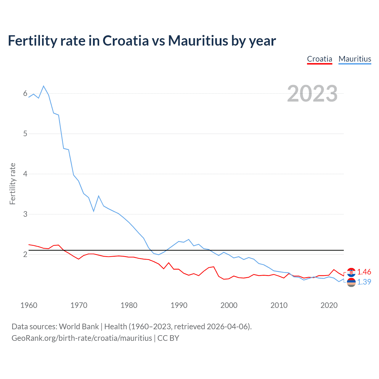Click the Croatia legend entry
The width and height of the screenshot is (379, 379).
319,59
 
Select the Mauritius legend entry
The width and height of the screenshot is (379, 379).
355,59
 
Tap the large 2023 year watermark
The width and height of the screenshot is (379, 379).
312,94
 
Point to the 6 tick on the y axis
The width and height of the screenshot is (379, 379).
25,94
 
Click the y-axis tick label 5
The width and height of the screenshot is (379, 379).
25,134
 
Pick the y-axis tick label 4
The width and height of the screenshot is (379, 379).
25,174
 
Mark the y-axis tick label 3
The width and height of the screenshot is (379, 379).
25,214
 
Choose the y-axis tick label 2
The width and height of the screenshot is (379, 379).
25,254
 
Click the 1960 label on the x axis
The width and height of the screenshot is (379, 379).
29,305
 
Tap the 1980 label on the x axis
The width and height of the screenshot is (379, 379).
129,305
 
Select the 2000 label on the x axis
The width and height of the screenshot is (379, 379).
229,305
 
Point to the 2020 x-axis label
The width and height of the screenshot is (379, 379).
329,305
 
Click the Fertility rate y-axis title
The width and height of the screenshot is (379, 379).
12,184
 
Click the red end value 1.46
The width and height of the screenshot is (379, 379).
364,272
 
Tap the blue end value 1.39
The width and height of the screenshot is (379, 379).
364,282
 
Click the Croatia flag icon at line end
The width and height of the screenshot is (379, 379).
351,272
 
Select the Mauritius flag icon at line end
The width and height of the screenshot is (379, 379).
351,282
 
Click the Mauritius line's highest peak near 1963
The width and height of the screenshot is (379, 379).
44,86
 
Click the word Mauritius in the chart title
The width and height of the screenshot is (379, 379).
198,41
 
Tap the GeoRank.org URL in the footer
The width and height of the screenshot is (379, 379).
82,338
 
